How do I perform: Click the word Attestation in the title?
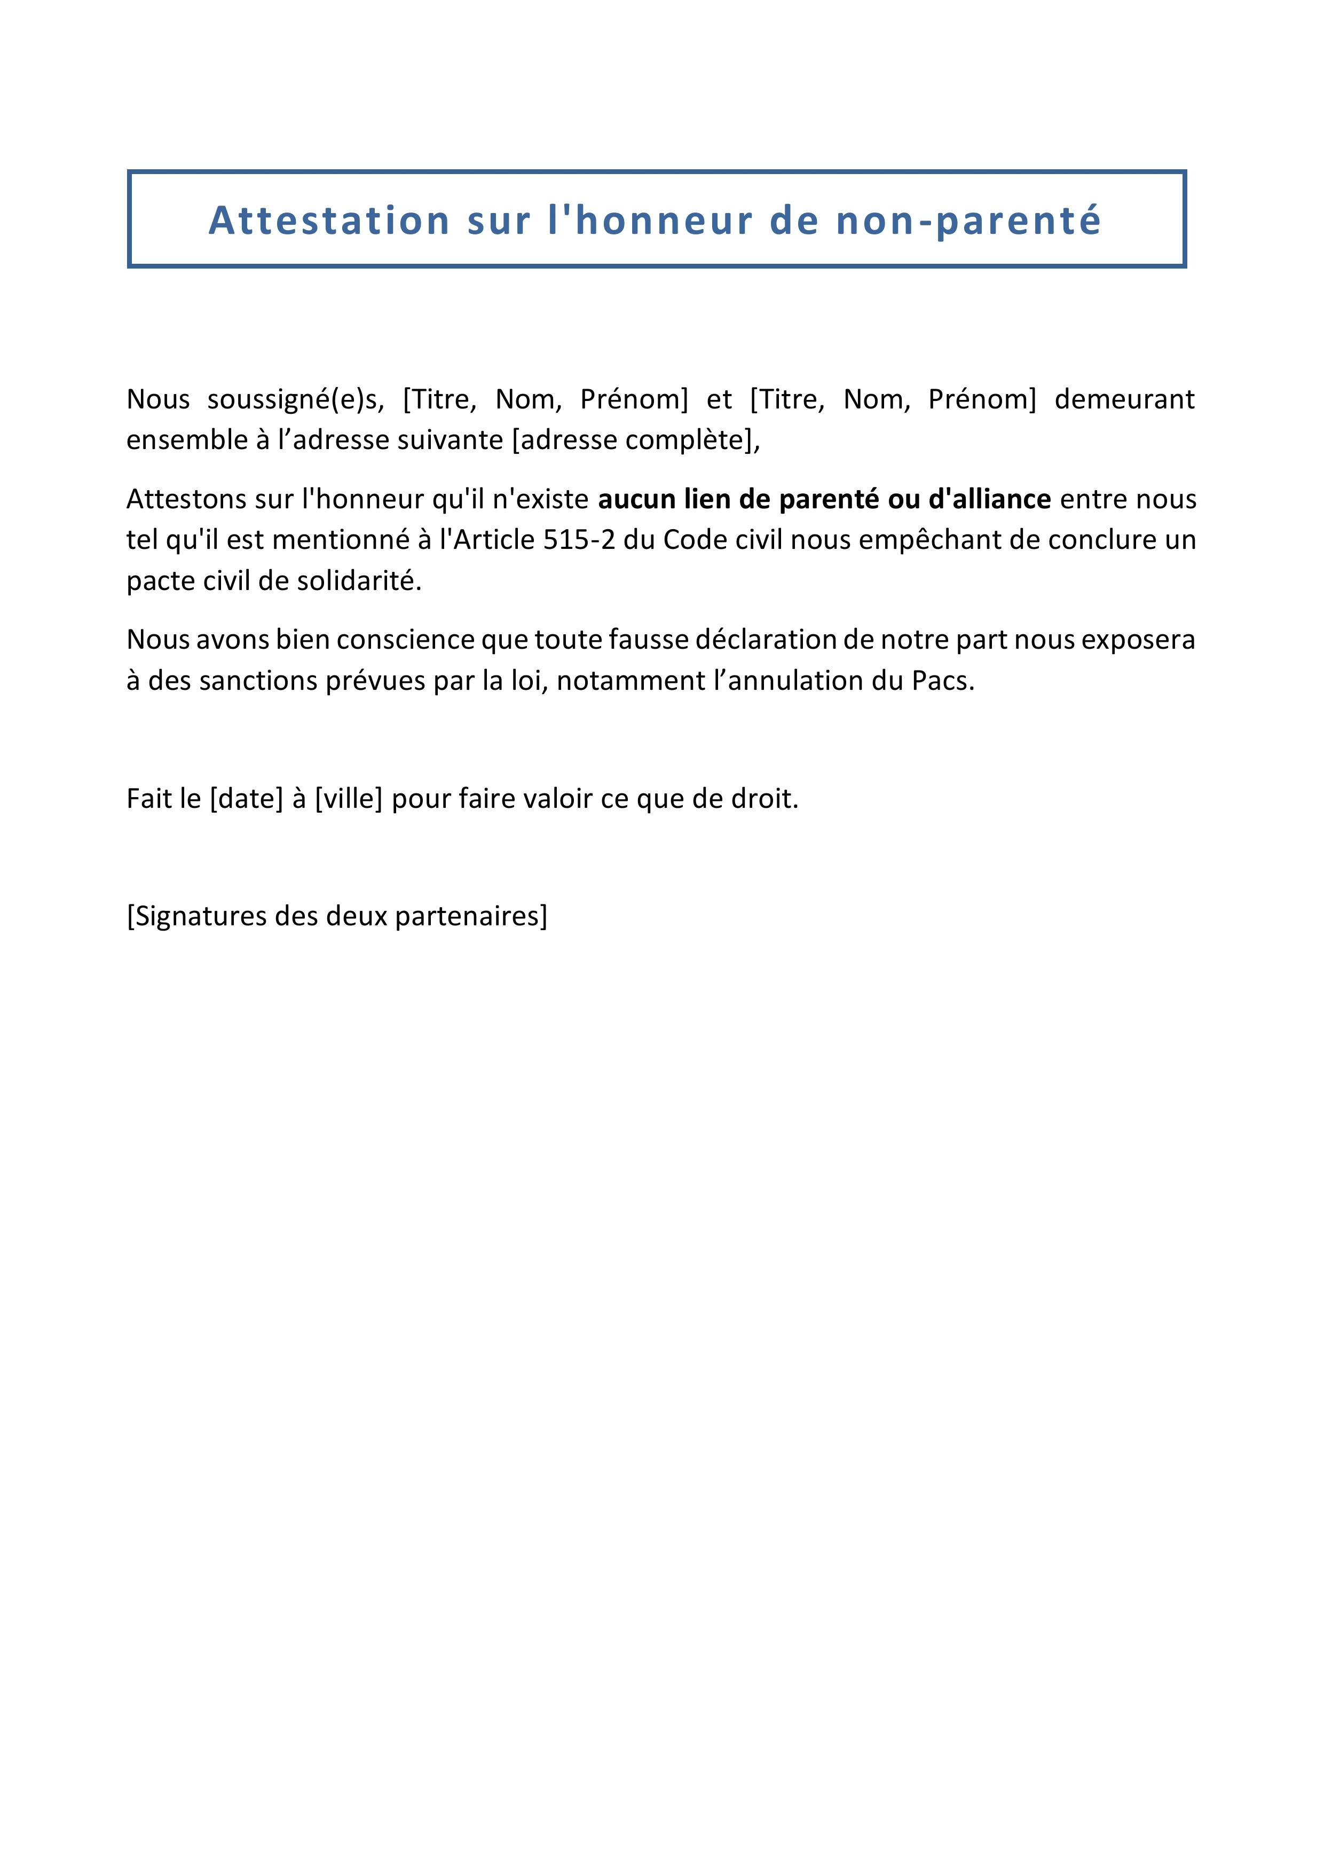329,221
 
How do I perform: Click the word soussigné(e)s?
295,400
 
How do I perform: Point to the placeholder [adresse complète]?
635,440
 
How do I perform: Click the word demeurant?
1124,400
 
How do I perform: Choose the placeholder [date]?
246,799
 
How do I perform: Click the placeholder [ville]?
348,799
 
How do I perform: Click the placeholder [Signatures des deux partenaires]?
337,916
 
